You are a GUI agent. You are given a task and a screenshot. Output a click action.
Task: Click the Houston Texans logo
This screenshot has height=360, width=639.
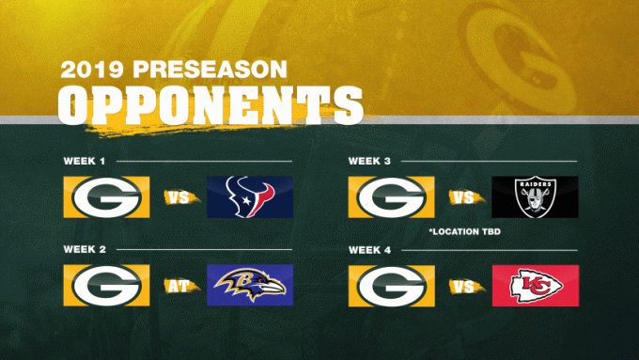(249, 196)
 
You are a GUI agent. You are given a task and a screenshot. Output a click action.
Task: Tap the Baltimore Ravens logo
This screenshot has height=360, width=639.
(249, 286)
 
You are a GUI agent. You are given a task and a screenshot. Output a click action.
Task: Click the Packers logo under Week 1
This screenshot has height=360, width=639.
(106, 196)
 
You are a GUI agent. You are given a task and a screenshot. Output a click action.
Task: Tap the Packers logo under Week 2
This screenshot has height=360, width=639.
(106, 286)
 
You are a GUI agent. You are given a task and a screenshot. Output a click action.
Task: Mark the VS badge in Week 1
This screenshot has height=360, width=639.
(179, 197)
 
